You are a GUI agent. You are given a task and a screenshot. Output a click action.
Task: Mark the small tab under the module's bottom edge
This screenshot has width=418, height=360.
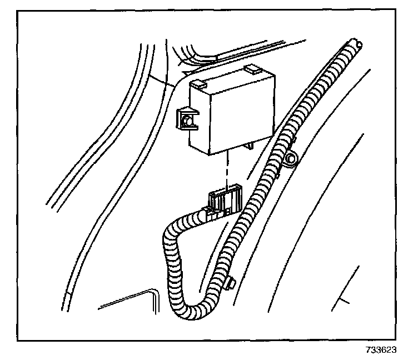248,147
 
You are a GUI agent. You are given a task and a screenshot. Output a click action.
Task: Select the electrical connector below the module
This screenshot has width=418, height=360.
223,201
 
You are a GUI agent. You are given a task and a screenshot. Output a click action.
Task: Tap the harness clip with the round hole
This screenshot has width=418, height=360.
290,161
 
